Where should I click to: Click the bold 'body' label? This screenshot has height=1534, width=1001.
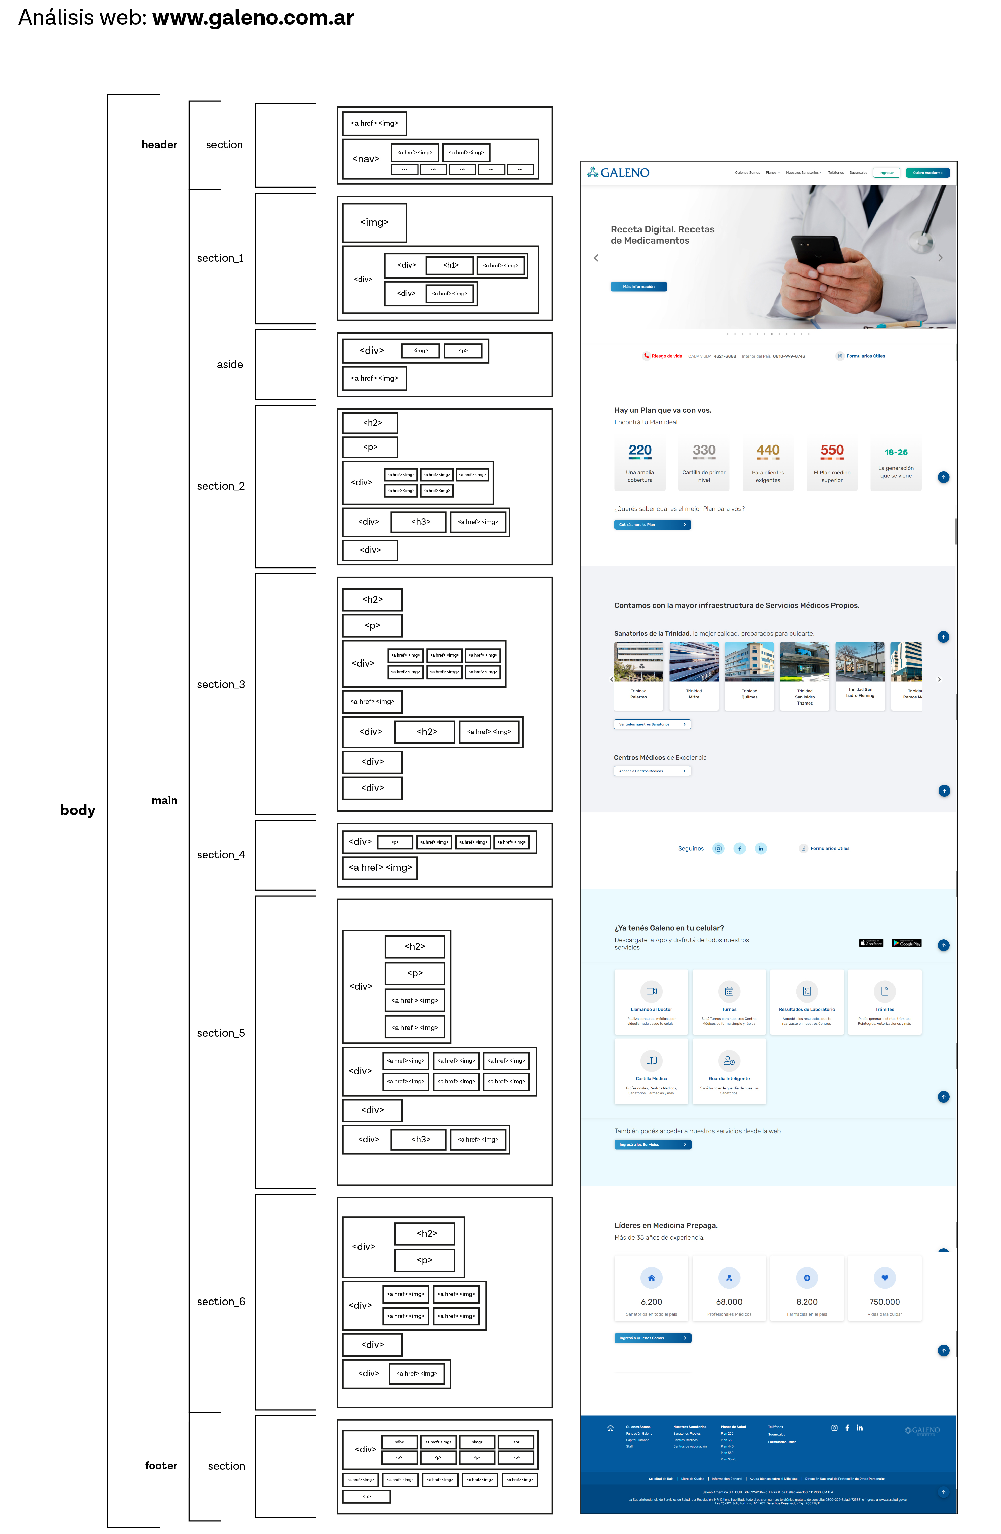click(x=77, y=810)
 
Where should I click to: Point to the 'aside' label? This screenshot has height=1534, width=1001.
click(x=229, y=364)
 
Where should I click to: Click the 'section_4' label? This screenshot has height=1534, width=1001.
click(x=221, y=855)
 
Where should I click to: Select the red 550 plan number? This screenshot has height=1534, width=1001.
click(x=831, y=451)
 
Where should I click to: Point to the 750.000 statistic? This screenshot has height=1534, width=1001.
click(x=885, y=1302)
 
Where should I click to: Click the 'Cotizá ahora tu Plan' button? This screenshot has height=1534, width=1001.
click(x=652, y=525)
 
